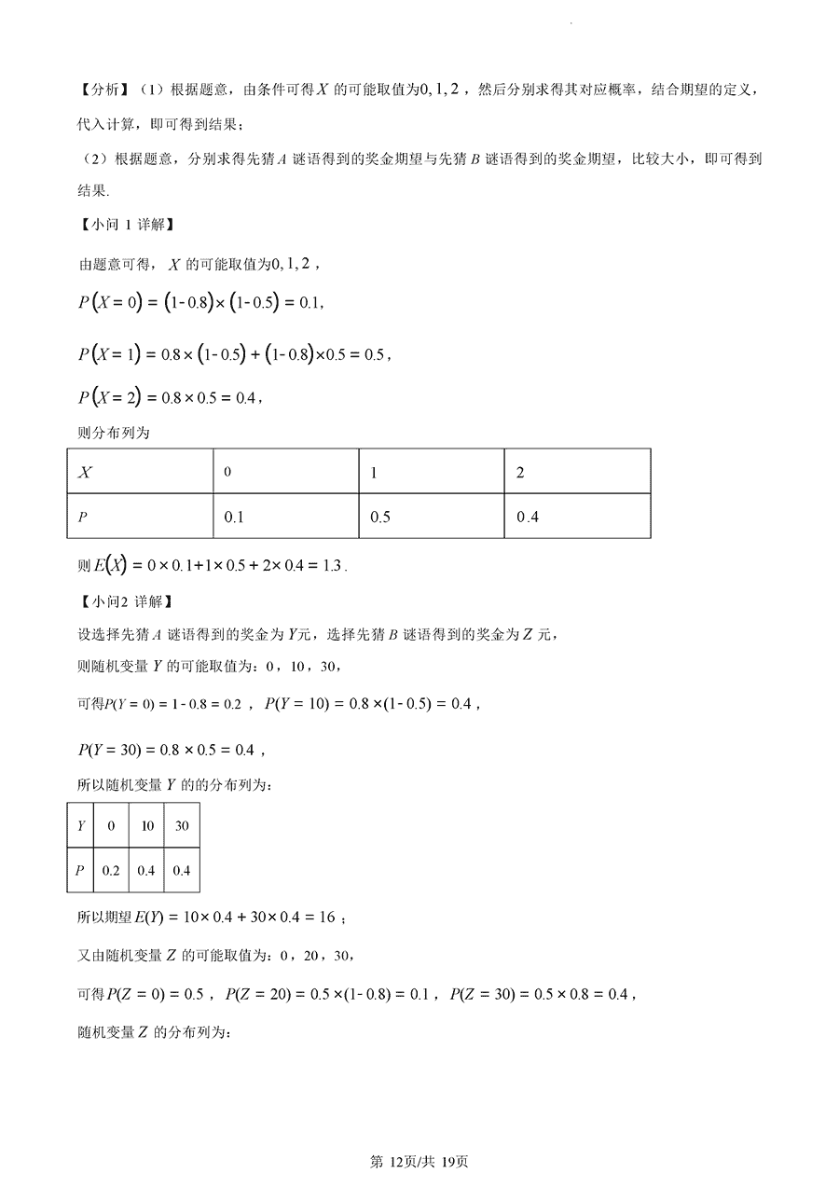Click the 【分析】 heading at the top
(103, 90)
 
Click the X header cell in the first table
(85, 472)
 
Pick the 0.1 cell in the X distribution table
(234, 517)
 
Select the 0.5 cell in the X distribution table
(380, 517)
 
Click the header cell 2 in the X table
(520, 472)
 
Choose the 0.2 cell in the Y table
(111, 870)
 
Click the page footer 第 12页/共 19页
(419, 1162)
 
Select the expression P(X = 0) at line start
(110, 302)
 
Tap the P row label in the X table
(82, 517)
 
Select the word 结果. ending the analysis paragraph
(93, 190)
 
